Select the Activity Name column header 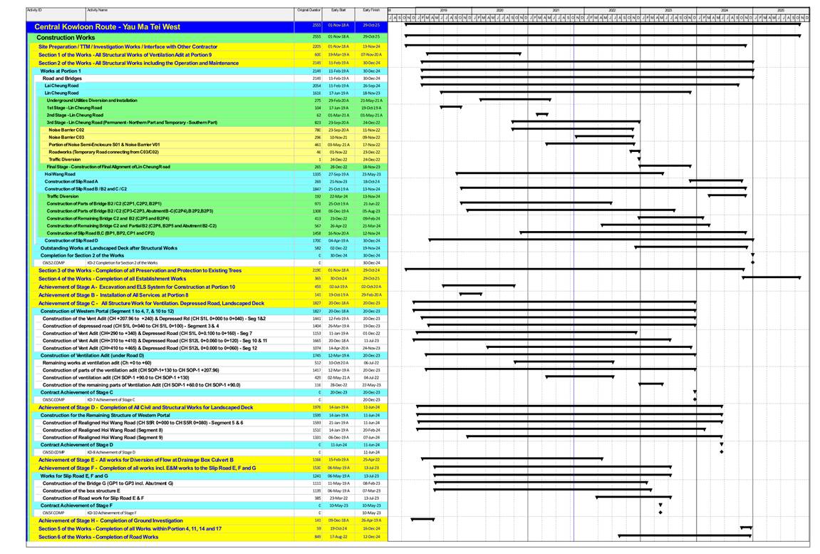pos(98,11)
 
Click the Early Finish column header pos(371,11)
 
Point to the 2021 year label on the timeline pos(556,11)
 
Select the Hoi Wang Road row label pos(59,174)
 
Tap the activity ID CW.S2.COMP pos(54,262)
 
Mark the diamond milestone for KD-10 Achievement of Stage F pos(660,513)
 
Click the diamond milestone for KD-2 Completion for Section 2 pos(752,262)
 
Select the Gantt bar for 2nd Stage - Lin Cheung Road pos(542,115)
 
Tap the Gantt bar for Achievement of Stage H pos(422,520)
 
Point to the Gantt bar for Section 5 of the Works pos(746,528)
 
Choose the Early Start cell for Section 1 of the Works pos(338,54)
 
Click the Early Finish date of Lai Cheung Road pos(371,86)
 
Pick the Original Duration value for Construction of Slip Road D pos(316,240)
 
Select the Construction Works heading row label pos(66,37)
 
